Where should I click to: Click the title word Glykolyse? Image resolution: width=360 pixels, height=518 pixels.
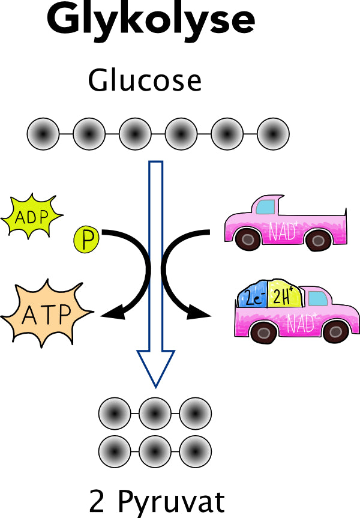pyautogui.click(x=151, y=20)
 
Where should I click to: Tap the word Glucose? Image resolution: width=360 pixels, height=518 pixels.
pyautogui.click(x=144, y=80)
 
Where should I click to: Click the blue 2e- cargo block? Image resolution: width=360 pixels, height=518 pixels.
pyautogui.click(x=252, y=297)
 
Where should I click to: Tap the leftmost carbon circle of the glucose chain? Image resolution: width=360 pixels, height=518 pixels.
pyautogui.click(x=43, y=132)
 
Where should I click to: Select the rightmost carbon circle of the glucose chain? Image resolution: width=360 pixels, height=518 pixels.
pyautogui.click(x=273, y=132)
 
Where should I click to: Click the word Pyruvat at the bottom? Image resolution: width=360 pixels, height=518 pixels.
pyautogui.click(x=172, y=502)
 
